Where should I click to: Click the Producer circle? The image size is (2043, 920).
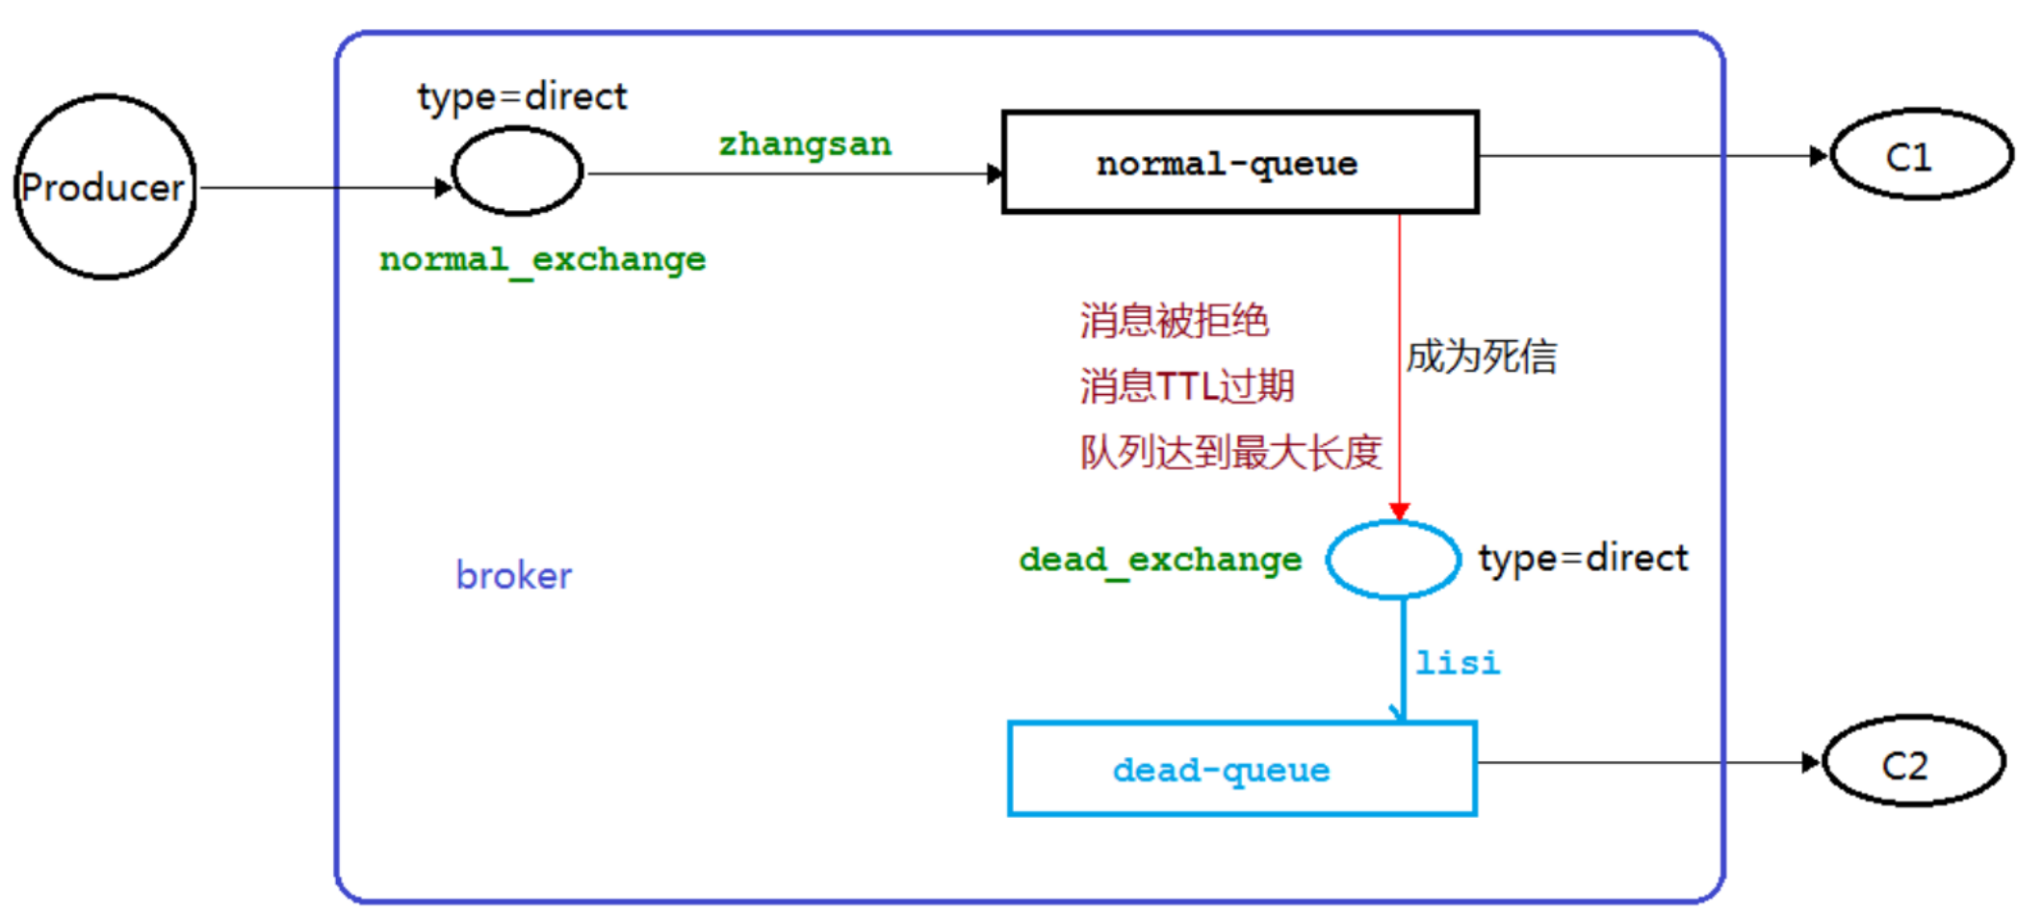click(105, 187)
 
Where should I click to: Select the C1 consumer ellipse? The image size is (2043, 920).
click(1921, 155)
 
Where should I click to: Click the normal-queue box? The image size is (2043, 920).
click(1239, 163)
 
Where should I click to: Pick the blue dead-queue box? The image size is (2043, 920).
click(1241, 769)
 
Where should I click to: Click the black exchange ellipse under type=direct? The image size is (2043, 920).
click(517, 171)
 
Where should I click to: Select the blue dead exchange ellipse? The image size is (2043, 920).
click(1392, 560)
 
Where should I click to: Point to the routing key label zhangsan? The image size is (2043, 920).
click(805, 145)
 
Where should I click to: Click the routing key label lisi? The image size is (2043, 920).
click(1457, 663)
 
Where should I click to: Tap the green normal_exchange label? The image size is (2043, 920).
click(542, 260)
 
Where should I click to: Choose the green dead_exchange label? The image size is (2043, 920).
click(1160, 560)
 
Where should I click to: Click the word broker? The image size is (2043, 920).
click(513, 576)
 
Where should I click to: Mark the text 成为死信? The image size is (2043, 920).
click(1481, 357)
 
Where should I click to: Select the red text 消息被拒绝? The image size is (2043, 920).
click(1174, 321)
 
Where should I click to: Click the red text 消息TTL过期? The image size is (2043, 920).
click(1186, 386)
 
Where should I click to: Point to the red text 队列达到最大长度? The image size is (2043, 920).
click(1230, 452)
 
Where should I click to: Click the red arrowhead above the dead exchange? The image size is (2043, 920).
click(1399, 512)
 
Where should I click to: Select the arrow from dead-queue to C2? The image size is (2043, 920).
click(1646, 763)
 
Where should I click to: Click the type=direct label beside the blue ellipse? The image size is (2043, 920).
click(1583, 559)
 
